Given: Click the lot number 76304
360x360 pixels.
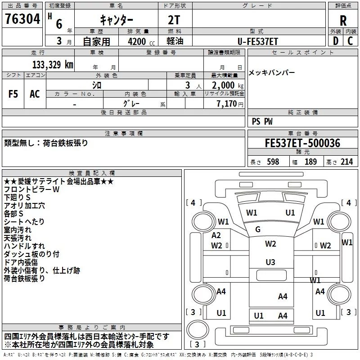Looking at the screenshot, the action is tap(22, 19).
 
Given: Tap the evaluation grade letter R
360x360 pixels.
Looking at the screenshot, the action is tap(343, 21).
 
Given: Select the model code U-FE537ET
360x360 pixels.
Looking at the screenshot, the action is tap(258, 41).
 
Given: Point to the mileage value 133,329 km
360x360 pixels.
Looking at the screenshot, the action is tap(53, 64).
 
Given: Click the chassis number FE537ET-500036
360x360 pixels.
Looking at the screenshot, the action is tap(302, 143).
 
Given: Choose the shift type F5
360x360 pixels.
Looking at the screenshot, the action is tap(13, 94).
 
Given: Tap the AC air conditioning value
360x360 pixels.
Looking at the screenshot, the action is tap(35, 94).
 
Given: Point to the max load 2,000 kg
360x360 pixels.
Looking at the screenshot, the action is tap(228, 85).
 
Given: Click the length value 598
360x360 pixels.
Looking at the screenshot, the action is tap(273, 162).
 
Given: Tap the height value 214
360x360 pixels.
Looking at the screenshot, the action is tap(346, 162).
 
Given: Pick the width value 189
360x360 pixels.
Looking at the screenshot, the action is tap(310, 162).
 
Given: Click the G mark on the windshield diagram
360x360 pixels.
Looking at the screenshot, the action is tap(258, 229).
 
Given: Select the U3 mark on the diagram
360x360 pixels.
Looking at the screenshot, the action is tap(270, 262).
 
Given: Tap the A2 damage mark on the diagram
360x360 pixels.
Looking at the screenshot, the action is tap(216, 235).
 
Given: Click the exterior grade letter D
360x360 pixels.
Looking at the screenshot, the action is tap(336, 41).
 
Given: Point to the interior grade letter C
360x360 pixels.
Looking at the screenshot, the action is tap(350, 41).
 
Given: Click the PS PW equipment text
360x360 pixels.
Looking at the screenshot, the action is tap(262, 121).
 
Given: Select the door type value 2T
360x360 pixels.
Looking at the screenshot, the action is tap(174, 20).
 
